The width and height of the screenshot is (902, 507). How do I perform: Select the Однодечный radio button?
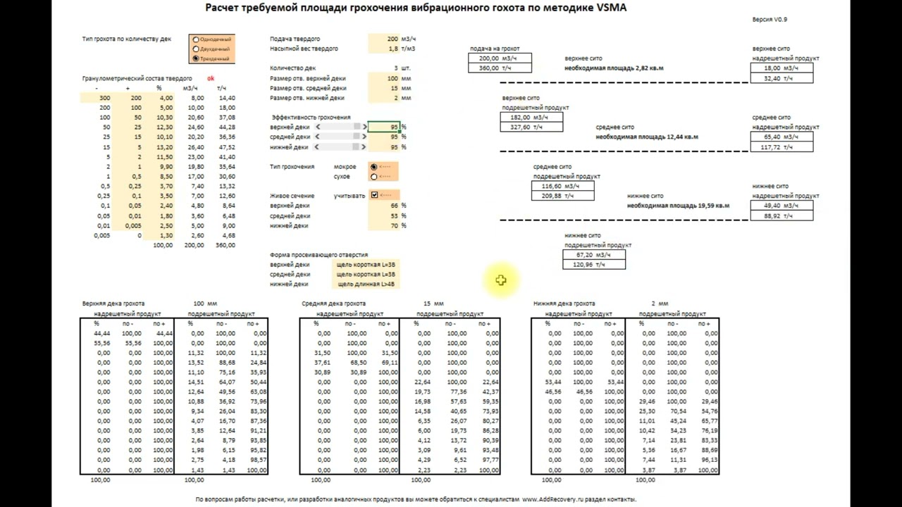tap(196, 40)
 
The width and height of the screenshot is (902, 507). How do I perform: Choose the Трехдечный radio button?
tap(196, 58)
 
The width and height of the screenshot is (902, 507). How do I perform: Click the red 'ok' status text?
tap(211, 79)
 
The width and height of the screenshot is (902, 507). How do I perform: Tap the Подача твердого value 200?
tap(392, 39)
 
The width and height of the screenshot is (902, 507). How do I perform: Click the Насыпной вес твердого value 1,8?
tap(393, 49)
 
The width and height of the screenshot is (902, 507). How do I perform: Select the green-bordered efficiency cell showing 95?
tap(384, 127)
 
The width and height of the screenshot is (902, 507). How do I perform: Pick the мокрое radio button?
tap(373, 167)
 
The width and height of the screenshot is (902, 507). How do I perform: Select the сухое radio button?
tap(373, 177)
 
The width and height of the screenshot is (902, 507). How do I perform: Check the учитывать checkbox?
tap(374, 195)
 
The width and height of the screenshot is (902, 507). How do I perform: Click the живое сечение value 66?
tap(394, 206)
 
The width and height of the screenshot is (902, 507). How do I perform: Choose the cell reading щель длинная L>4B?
tap(366, 284)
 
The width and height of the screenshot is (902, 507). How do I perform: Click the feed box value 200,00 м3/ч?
tap(499, 58)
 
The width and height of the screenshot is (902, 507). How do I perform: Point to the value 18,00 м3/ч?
tap(781, 68)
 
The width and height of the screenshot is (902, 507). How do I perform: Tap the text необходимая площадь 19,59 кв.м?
tap(678, 206)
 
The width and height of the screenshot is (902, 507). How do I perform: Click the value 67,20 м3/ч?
tap(593, 255)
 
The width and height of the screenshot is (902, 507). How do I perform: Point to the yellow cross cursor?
tap(500, 280)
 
